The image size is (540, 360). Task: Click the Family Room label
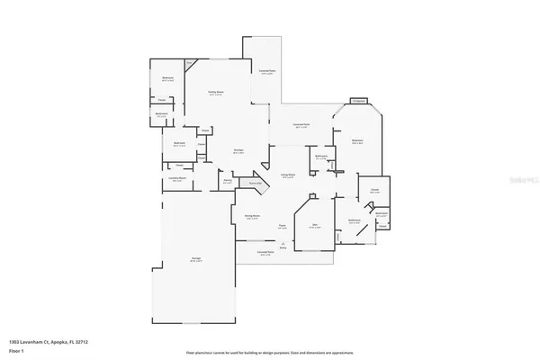click(215, 93)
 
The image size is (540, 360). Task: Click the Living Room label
click(288, 175)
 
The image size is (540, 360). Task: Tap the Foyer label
click(282, 226)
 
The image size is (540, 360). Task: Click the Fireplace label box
click(357, 101)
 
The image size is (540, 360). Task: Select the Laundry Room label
click(177, 179)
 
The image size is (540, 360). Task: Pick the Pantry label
click(229, 181)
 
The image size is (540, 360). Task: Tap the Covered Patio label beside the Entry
click(265, 254)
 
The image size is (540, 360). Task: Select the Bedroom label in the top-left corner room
click(167, 79)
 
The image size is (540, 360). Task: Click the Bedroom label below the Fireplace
click(357, 141)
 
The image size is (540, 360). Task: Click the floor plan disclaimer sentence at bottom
click(269, 354)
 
